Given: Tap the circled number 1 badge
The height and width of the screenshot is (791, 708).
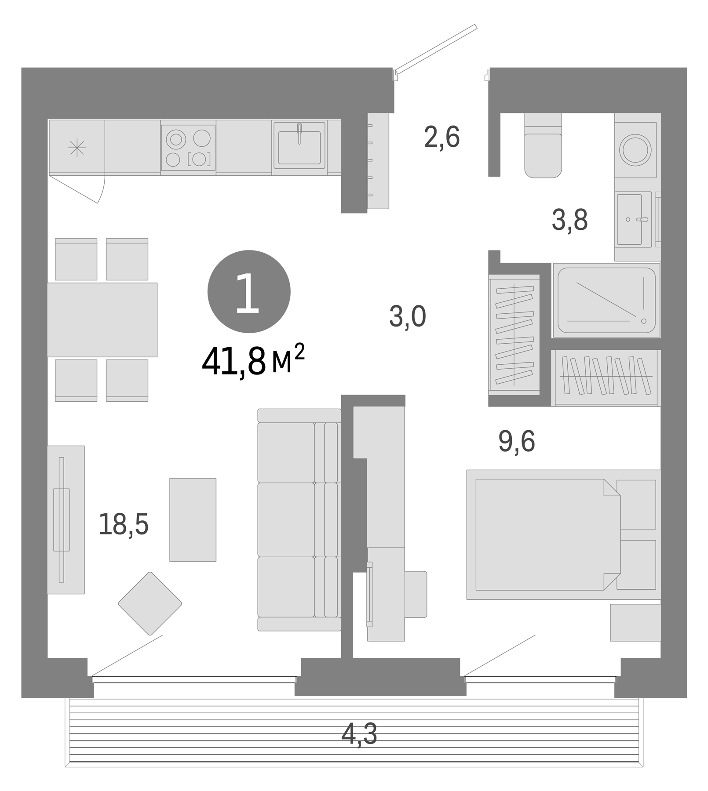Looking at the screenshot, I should click(249, 291).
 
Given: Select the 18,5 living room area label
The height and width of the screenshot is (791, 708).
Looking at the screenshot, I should click(124, 524).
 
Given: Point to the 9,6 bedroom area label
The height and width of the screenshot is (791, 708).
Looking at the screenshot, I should click(516, 441).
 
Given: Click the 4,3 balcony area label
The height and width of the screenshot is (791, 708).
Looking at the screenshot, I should click(359, 734).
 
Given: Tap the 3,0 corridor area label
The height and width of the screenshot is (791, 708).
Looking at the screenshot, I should click(407, 316).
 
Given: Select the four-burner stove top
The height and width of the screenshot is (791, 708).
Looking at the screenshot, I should click(188, 148).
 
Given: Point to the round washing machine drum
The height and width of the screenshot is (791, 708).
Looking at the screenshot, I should click(635, 150).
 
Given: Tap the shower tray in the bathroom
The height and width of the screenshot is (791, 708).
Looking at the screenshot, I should click(606, 301).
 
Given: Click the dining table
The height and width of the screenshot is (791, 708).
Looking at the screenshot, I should click(102, 319).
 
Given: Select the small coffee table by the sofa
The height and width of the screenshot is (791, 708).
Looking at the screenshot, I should click(193, 519).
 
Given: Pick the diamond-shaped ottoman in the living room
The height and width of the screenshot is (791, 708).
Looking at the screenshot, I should click(150, 603).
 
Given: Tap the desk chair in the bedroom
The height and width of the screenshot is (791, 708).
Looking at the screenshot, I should click(415, 594).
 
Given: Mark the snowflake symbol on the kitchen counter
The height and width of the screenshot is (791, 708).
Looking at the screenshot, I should click(77, 148).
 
